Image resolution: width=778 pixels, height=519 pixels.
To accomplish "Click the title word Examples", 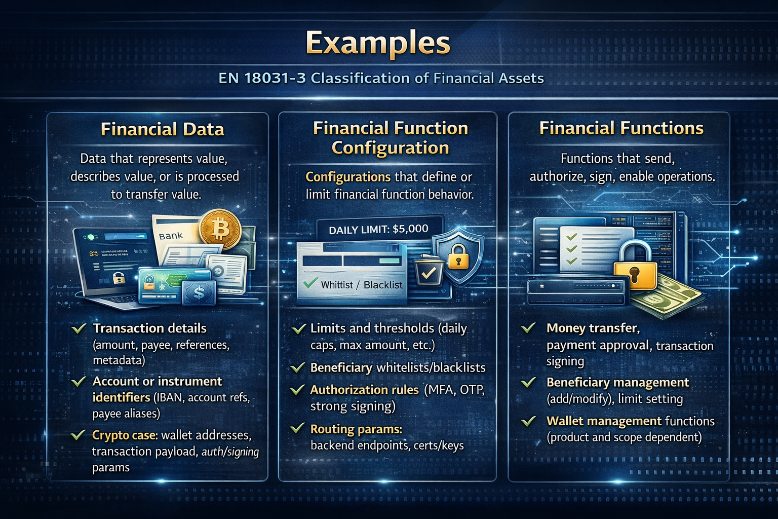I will pos(378,43).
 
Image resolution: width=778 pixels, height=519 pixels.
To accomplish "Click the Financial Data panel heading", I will pos(162,129).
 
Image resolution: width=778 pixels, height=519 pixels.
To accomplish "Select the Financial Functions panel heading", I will pos(621,128).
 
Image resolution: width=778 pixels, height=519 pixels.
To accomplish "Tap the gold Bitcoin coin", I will pos(220,229).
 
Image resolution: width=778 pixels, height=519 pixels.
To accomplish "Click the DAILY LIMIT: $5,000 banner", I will pos(378,230).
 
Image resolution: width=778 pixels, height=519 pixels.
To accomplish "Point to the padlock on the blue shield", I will pos(458,256).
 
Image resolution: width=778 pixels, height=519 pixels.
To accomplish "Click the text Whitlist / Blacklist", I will pos(362,285).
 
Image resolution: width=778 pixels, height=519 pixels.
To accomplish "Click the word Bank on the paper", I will pos(171,236).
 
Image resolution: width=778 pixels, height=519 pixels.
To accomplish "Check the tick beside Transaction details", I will pos(79,329).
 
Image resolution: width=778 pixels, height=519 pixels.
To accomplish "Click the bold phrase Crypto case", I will pos(125,435).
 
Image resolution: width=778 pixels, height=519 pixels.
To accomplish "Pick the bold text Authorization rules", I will pos(364,390).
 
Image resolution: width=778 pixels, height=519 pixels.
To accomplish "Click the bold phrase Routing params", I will pos(356,429).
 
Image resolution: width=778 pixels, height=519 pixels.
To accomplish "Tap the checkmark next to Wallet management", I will pos(528,421).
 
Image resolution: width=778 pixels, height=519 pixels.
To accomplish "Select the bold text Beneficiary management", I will pos(617,382).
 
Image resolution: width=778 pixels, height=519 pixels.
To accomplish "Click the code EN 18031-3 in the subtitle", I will pos(262,78).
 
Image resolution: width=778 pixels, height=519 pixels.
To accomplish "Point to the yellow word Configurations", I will pos(347,177).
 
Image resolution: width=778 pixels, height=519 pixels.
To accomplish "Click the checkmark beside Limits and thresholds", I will pos(299,329).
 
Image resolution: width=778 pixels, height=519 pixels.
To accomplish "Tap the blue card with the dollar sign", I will pos(199,293).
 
